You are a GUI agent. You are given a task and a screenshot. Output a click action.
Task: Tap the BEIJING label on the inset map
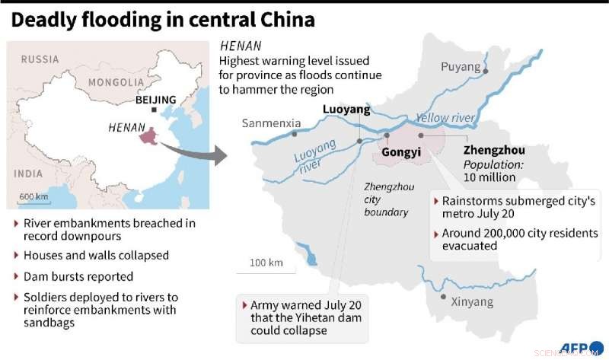tap(155, 100)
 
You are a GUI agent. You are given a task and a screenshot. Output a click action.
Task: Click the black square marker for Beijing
tap(155, 110)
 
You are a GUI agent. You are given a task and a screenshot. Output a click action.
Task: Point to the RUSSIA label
tap(40, 59)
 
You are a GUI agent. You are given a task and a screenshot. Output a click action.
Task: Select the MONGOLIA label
tap(115, 82)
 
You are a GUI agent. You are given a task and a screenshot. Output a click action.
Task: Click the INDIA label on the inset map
tap(28, 174)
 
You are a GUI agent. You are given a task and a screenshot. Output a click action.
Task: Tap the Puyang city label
tap(461, 67)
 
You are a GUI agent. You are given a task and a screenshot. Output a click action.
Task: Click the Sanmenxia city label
tap(272, 123)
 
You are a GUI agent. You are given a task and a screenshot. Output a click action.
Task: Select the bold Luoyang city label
tap(346, 110)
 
